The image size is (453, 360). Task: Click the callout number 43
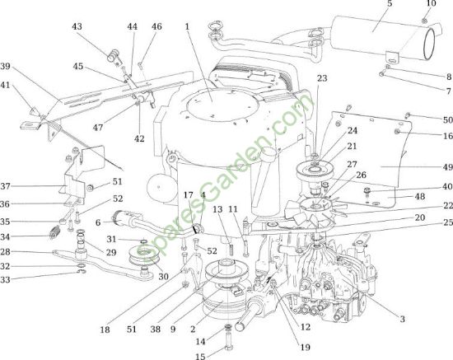[x=77, y=26]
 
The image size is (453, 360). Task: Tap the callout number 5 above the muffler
[x=390, y=4]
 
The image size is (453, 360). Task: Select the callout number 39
[x=5, y=66]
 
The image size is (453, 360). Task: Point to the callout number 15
[x=200, y=356]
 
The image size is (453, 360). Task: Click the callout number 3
[x=402, y=319]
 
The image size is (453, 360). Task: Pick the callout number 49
[x=447, y=167]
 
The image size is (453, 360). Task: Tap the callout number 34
[x=5, y=237]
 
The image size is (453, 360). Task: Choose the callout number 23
[x=322, y=78]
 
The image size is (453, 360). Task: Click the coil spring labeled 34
[x=54, y=232]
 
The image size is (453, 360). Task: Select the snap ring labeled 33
[x=82, y=271]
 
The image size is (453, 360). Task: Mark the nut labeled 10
[x=425, y=21]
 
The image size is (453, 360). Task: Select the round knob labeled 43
[x=113, y=55]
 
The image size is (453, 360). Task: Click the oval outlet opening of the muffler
[x=429, y=44]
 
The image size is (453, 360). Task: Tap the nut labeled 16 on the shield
[x=398, y=132]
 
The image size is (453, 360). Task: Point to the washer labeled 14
[x=228, y=327]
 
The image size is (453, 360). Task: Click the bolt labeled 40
[x=367, y=192]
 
